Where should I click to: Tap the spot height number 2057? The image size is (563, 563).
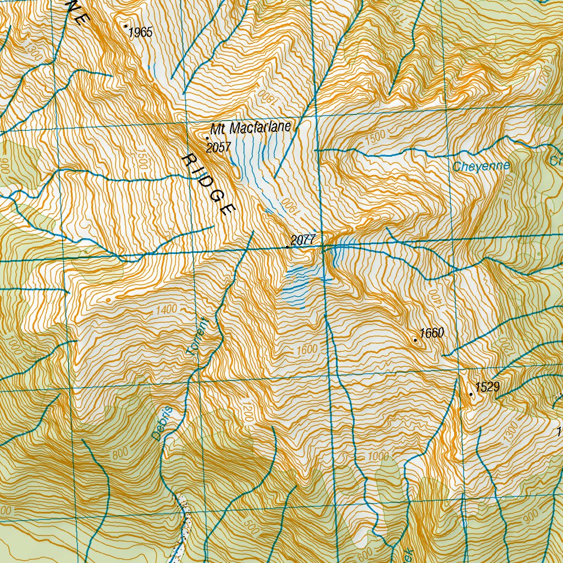coord(218,147)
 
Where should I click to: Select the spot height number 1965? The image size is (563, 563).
coord(140,32)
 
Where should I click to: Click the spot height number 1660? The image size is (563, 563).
coord(431,333)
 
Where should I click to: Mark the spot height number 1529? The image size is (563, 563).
coord(487,387)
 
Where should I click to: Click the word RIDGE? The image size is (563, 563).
coord(209,185)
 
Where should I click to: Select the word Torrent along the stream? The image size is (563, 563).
coord(197,336)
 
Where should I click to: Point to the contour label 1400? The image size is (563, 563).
coord(166,310)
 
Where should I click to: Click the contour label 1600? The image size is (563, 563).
coord(307,350)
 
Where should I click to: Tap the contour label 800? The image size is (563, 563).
coord(119,454)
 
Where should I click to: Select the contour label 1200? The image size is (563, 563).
coord(247,412)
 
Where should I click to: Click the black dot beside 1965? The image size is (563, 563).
coord(126,26)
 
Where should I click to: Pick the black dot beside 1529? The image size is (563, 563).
coord(471,394)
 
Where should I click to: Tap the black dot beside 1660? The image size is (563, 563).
coord(416,340)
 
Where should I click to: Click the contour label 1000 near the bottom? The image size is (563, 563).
coord(378,457)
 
